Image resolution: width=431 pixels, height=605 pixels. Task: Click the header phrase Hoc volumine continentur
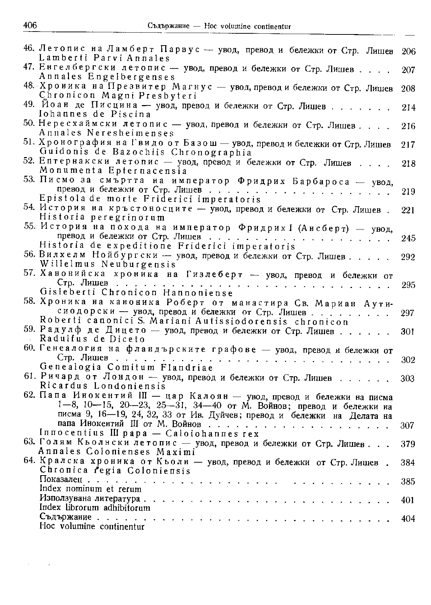247,27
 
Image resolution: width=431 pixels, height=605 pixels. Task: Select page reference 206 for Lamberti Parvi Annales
408,51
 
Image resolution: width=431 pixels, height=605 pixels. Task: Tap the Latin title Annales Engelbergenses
107,77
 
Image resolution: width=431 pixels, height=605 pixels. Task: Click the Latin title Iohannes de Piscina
95,114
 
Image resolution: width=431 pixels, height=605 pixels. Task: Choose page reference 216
408,126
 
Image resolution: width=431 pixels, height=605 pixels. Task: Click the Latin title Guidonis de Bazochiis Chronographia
145,152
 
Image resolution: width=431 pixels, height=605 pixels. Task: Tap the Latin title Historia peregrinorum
102,217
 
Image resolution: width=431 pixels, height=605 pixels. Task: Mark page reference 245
408,238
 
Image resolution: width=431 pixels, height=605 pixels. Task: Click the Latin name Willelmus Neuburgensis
107,264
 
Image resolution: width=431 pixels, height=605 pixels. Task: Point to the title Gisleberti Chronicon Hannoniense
136,293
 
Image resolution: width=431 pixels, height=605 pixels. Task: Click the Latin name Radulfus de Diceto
93,339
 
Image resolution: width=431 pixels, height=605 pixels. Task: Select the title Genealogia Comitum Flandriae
126,368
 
